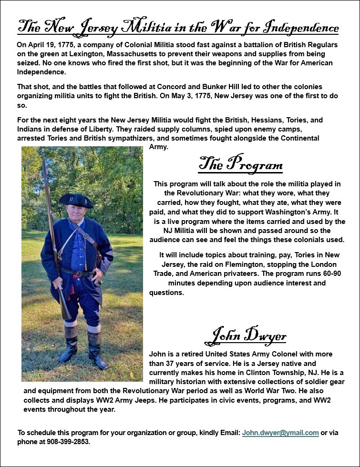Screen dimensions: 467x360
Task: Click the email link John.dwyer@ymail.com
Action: [x=280, y=433]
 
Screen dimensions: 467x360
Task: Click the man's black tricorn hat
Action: [x=75, y=200]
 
